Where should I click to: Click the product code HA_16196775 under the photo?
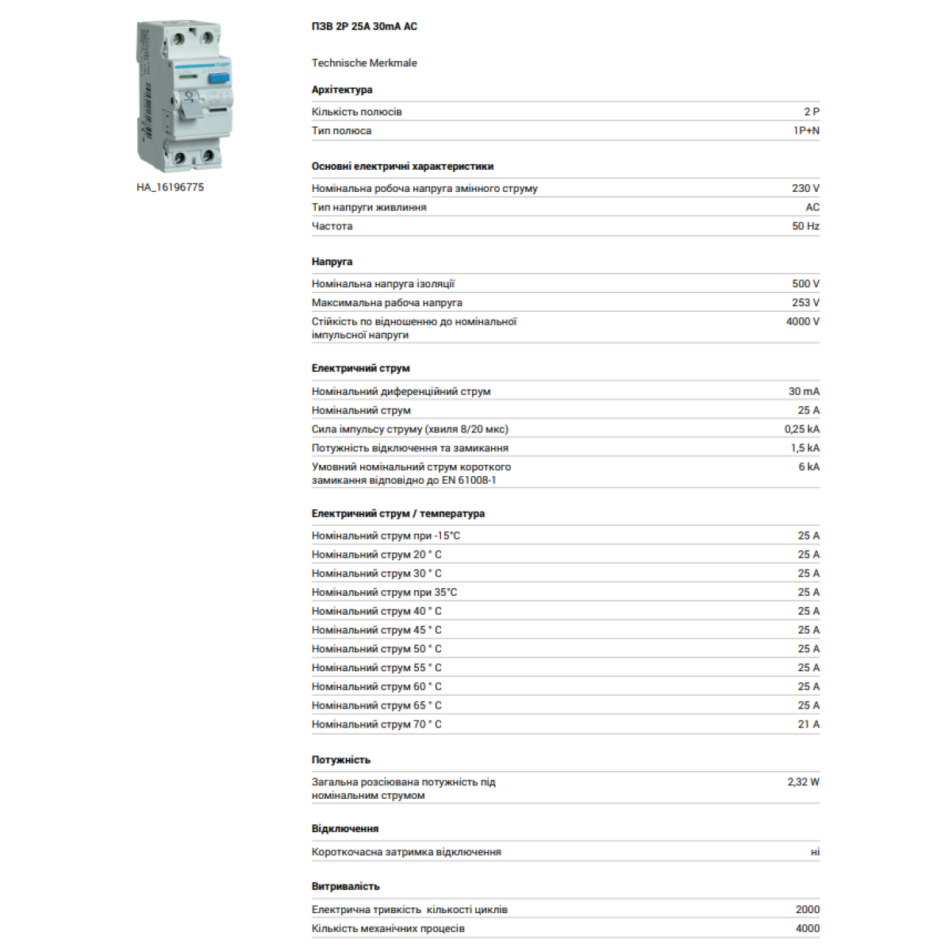pyautogui.click(x=170, y=187)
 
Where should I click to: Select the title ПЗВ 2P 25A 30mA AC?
pyautogui.click(x=364, y=26)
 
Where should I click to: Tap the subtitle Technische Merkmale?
pyautogui.click(x=364, y=63)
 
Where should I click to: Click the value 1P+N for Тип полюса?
pyautogui.click(x=806, y=131)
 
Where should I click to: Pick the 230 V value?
pyautogui.click(x=805, y=188)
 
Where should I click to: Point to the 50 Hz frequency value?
pyautogui.click(x=805, y=226)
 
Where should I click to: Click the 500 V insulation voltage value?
pyautogui.click(x=805, y=283)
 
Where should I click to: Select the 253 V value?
pyautogui.click(x=805, y=302)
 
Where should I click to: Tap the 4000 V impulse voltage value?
pyautogui.click(x=802, y=321)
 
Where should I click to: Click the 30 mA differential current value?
pyautogui.click(x=804, y=391)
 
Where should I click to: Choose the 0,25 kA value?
pyautogui.click(x=802, y=429)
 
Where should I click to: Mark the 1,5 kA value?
pyautogui.click(x=804, y=448)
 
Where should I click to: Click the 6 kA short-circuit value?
pyautogui.click(x=808, y=467)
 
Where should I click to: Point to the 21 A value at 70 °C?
pyautogui.click(x=808, y=724)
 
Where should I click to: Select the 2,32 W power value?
pyautogui.click(x=803, y=781)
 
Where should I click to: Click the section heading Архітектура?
pyautogui.click(x=342, y=90)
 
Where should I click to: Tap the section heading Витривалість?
pyautogui.click(x=345, y=886)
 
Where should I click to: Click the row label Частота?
pyautogui.click(x=332, y=226)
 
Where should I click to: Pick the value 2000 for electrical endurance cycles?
pyautogui.click(x=808, y=909)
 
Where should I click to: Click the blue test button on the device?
pyautogui.click(x=219, y=78)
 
